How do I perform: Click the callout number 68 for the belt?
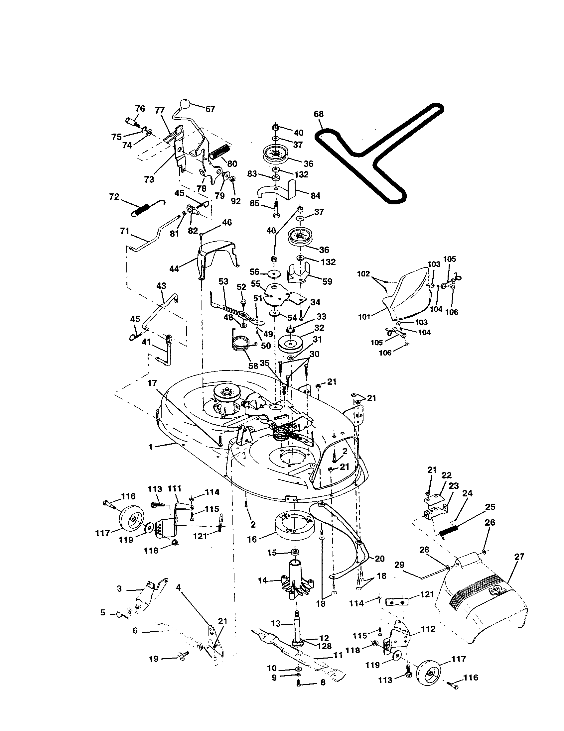point(319,114)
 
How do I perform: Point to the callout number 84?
point(316,196)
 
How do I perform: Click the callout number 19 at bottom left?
point(154,659)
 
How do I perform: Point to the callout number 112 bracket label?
point(429,629)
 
